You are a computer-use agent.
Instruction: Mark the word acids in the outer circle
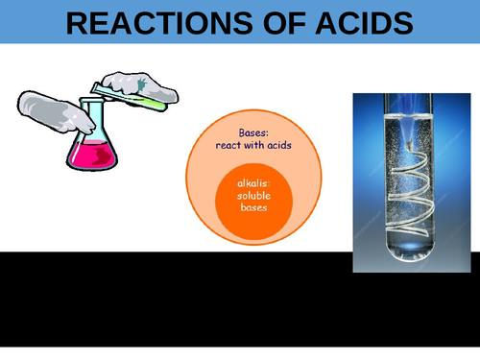click(x=279, y=145)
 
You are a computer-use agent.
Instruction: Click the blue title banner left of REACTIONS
click(x=29, y=22)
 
